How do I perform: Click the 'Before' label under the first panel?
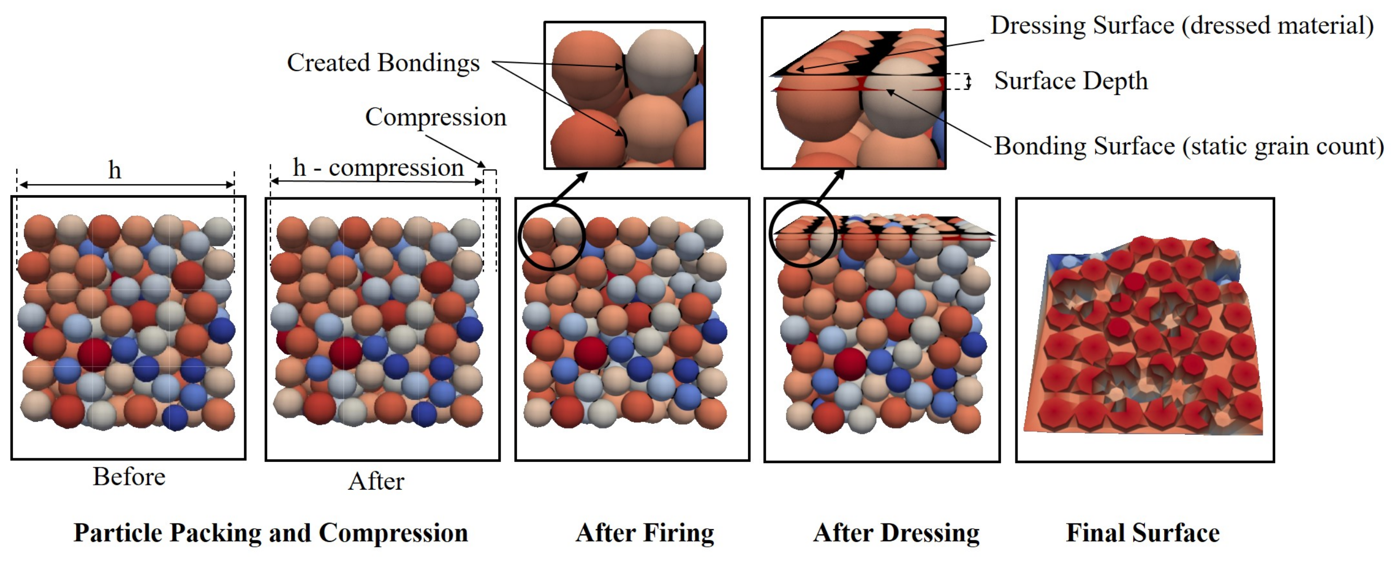click(x=129, y=477)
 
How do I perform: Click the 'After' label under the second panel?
click(x=376, y=481)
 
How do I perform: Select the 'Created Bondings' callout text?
click(x=383, y=63)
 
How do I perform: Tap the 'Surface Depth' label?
click(x=1071, y=81)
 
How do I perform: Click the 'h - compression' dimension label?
click(x=378, y=168)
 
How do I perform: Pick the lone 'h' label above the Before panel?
click(x=114, y=171)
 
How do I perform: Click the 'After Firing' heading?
click(x=645, y=533)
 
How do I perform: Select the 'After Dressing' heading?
click(x=896, y=533)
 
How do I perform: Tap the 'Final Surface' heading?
click(x=1143, y=533)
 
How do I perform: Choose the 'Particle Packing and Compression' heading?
click(x=271, y=533)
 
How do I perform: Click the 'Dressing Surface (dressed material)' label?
click(x=1181, y=26)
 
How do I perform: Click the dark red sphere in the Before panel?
click(x=94, y=354)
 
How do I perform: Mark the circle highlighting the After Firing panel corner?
click(x=551, y=237)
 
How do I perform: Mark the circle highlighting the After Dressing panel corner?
click(x=802, y=234)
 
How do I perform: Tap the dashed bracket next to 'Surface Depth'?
click(x=960, y=81)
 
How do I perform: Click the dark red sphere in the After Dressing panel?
click(x=850, y=364)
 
